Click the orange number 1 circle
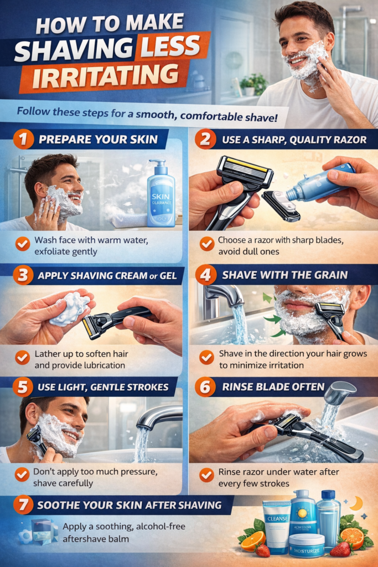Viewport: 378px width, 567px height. coord(23,139)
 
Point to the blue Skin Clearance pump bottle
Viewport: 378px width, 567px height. coord(161,194)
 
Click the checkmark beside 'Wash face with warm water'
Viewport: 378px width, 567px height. coord(23,244)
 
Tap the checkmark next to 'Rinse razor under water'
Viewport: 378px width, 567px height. coord(206,475)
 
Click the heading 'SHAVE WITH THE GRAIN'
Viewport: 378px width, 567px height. coord(285,275)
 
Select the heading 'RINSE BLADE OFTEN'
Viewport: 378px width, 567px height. coord(273,387)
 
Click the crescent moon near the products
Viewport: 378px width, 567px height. coord(357,503)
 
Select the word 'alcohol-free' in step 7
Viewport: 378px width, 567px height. coord(160,527)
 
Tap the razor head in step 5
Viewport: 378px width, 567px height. coord(35,435)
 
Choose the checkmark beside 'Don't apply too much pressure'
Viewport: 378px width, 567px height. coord(22,475)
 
